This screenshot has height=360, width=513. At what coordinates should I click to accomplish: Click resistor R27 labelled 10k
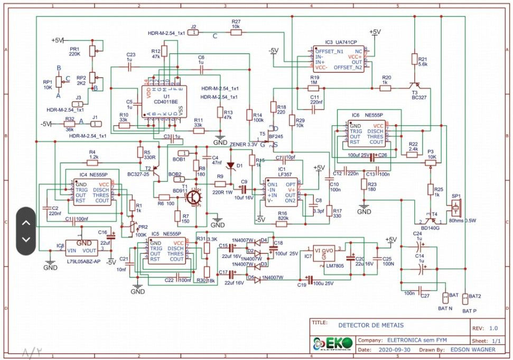point(236,32)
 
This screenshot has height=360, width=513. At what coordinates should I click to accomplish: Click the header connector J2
point(194,32)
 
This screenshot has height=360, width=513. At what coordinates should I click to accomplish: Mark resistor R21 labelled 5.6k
point(414,60)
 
